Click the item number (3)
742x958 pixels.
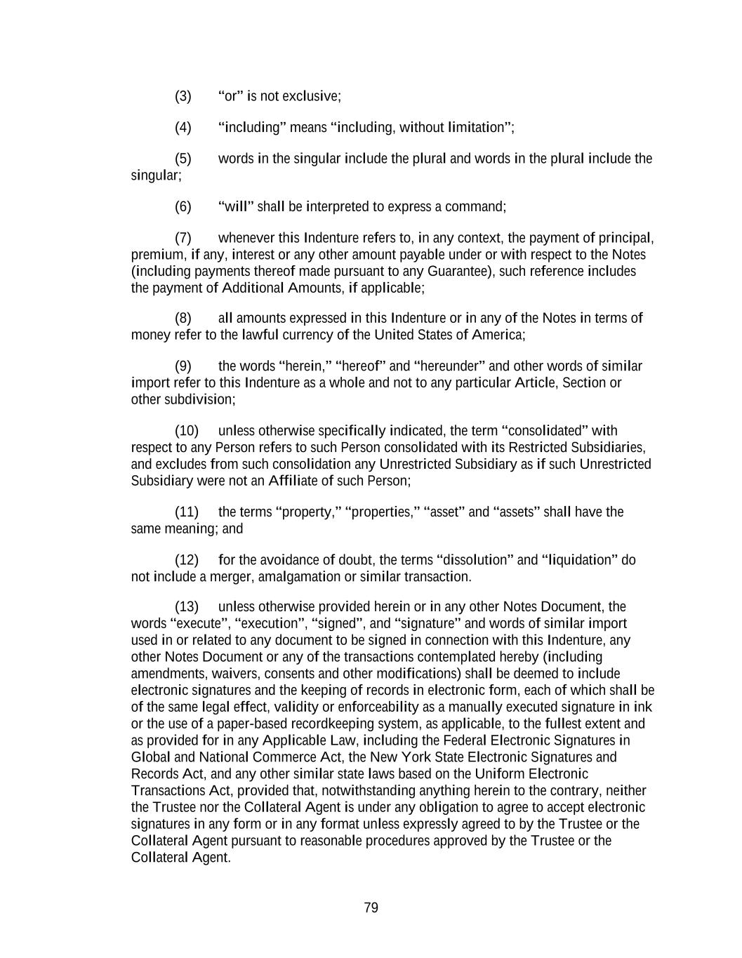pos(183,96)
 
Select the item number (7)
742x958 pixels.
pos(183,238)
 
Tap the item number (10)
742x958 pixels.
pos(186,430)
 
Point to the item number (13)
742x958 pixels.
pos(186,606)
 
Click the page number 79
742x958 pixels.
pos(371,907)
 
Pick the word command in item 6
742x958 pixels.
pos(475,206)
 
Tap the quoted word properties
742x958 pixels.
pos(383,512)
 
